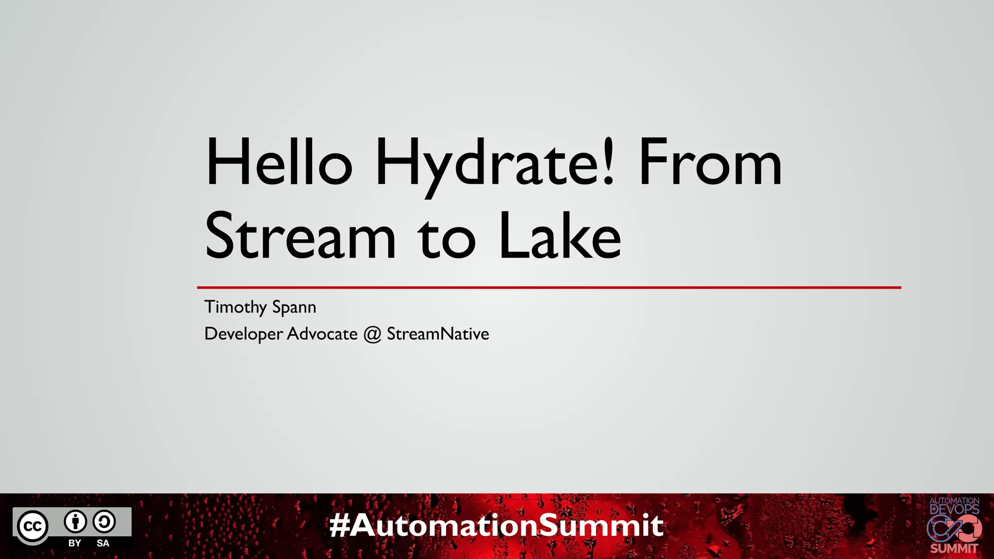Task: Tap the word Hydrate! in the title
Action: point(496,164)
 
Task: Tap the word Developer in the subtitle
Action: point(244,334)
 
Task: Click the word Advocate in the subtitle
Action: point(322,334)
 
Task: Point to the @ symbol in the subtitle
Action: point(372,334)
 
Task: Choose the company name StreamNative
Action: point(438,334)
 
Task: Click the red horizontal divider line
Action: point(548,288)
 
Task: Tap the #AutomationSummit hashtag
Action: point(496,526)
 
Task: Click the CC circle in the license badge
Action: point(33,526)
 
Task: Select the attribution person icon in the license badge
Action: point(75,522)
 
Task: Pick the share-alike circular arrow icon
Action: point(104,522)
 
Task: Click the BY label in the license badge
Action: point(75,543)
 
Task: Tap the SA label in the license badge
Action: point(103,543)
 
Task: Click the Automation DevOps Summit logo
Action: point(954,526)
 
